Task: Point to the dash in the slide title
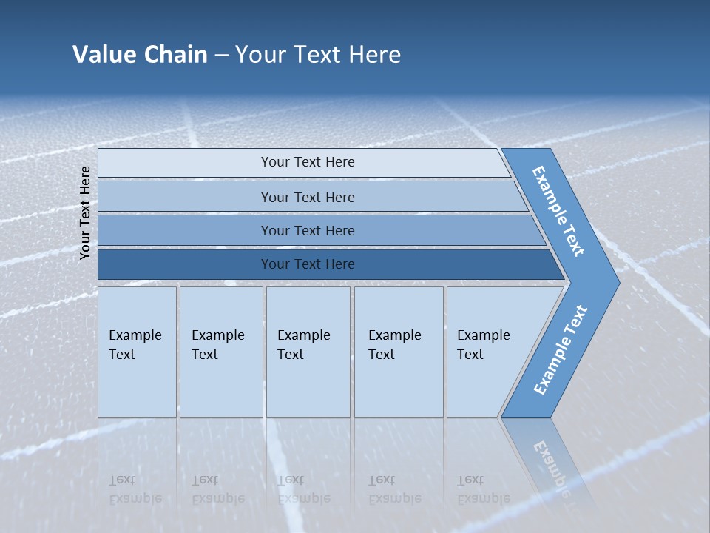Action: click(x=221, y=55)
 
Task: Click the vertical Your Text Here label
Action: click(x=85, y=212)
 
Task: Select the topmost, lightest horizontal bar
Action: click(x=303, y=162)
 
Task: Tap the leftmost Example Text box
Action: click(x=137, y=352)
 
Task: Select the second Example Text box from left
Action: click(x=220, y=352)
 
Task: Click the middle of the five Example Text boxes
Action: click(x=307, y=352)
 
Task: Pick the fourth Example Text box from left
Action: click(x=398, y=352)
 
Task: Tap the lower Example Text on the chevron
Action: click(x=561, y=350)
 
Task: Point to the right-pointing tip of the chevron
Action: click(x=615, y=282)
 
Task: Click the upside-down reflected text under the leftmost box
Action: click(x=135, y=489)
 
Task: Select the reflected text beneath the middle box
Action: click(x=304, y=489)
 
